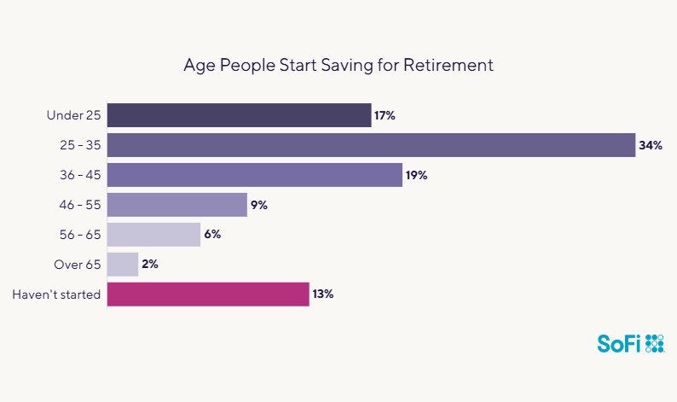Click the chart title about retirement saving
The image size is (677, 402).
coord(338,65)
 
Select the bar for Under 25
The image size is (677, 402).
coord(239,115)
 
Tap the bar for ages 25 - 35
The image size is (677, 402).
coord(371,145)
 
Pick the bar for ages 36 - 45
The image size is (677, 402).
coord(254,175)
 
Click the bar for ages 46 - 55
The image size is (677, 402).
coord(176,205)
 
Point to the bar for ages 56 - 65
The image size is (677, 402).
coord(153,235)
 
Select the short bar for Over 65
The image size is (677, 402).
coord(123,265)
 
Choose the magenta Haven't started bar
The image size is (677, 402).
coord(207,294)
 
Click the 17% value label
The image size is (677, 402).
coord(385,115)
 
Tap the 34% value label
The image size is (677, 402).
coord(651,145)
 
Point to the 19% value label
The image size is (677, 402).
coord(416,175)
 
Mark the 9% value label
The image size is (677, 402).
coord(259,205)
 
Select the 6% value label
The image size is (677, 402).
coord(212,235)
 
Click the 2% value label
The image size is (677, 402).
coord(150,265)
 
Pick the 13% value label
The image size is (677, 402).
coord(322,294)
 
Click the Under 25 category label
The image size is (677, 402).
coord(74,115)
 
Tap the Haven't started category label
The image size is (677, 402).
coord(57,294)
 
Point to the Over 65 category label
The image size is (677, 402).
coord(78,265)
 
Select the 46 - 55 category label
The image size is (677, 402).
coord(79,205)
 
